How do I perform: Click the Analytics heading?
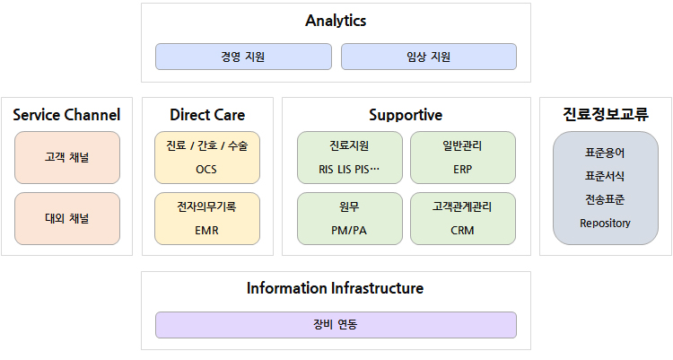pos(336,21)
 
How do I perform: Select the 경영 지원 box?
pos(243,57)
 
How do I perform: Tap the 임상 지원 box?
pos(429,57)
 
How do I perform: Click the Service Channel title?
pos(66,115)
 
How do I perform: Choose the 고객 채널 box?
pos(67,158)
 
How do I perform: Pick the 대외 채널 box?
pos(67,219)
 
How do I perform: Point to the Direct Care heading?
pos(207,115)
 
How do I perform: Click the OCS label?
pos(206,170)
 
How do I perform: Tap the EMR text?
pos(207,230)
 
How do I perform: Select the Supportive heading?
pos(406,115)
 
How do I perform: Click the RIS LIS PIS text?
pos(349,170)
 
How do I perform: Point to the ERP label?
pos(462,170)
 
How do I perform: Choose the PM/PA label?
pos(349,230)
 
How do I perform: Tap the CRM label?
pos(462,230)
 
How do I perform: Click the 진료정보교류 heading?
pos(605,114)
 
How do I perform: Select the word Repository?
pos(605,224)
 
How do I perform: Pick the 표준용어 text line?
pos(605,153)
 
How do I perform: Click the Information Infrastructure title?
pos(336,288)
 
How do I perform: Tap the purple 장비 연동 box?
pos(336,325)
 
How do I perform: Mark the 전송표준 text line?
pos(605,199)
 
